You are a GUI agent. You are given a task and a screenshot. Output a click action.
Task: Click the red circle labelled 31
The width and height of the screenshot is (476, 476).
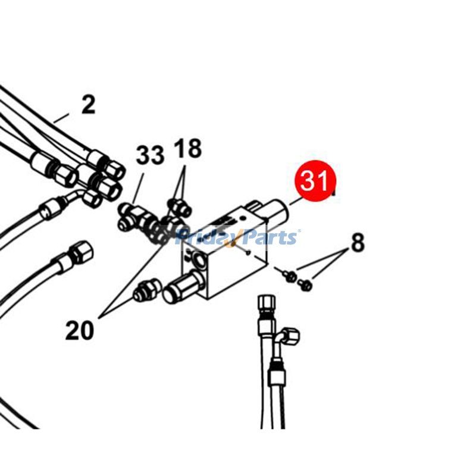(x=315, y=181)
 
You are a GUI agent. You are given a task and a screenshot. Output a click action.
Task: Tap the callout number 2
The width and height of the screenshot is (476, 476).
(x=89, y=105)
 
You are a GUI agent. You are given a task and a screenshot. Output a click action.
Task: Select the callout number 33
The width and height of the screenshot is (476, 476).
(x=150, y=155)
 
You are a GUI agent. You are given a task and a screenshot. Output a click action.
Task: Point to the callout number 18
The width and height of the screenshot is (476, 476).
(x=187, y=148)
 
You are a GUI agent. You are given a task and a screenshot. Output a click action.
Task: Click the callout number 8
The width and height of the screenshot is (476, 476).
(x=358, y=242)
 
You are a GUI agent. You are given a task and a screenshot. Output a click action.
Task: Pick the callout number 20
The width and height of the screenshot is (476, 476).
(x=80, y=330)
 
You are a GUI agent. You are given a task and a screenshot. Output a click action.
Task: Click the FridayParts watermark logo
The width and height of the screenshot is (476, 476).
(x=237, y=237)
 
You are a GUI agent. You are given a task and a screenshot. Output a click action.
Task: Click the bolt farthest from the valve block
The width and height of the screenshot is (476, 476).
(x=305, y=284)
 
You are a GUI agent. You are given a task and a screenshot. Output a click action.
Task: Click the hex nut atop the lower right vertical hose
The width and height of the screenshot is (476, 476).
(x=265, y=305)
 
